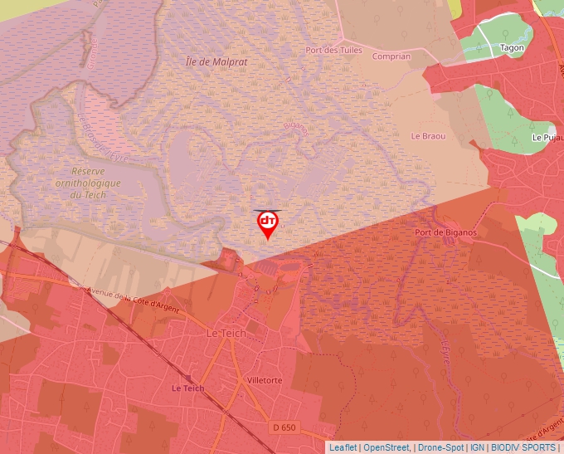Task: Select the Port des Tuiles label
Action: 334,50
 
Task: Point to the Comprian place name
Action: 391,56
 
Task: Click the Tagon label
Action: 512,47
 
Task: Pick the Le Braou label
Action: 428,136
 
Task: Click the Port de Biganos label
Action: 445,233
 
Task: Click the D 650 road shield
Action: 284,427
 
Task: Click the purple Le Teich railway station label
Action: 187,388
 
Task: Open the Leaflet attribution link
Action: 343,447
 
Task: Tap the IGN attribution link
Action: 477,447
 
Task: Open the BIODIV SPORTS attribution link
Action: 523,447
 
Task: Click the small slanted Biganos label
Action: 295,127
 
